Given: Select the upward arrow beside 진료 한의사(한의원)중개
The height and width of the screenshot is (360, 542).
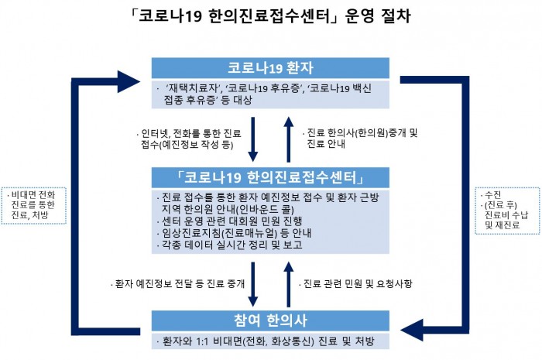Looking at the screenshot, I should [289, 138].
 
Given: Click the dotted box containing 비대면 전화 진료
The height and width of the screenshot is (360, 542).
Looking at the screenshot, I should [29, 204].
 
